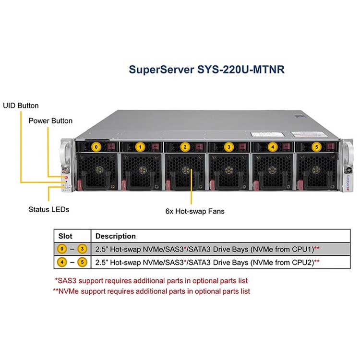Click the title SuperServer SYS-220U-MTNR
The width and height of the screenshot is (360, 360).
click(206, 70)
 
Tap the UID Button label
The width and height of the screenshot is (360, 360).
click(21, 106)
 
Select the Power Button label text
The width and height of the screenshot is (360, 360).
click(50, 121)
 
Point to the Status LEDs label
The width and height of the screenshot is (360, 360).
click(49, 209)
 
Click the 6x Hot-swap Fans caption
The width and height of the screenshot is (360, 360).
click(195, 211)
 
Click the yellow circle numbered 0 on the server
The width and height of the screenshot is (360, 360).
click(96, 147)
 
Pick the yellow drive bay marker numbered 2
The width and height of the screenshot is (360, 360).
click(185, 147)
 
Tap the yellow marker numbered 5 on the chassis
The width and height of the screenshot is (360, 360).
click(317, 147)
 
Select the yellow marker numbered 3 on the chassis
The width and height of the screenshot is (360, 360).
click(228, 147)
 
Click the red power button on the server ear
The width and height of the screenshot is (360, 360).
click(66, 178)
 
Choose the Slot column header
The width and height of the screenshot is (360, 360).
click(65, 236)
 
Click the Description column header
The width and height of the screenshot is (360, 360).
click(116, 236)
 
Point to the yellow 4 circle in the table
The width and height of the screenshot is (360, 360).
click(62, 262)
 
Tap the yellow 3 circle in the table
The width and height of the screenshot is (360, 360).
click(82, 249)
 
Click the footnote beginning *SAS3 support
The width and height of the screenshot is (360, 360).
click(151, 281)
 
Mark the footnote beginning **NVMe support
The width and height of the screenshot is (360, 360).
click(152, 291)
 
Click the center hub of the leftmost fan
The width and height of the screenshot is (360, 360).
click(99, 170)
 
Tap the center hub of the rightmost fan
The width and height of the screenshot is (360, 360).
click(316, 170)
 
